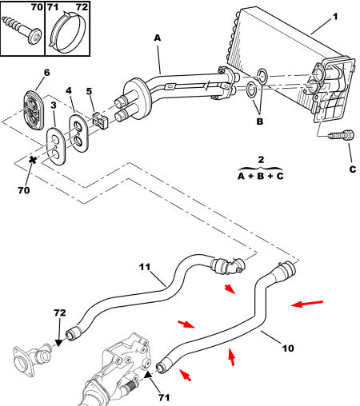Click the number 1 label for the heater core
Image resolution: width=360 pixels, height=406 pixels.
(x=335, y=17)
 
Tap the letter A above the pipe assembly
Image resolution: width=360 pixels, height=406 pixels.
(x=158, y=38)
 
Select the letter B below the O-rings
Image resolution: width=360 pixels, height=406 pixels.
(x=259, y=121)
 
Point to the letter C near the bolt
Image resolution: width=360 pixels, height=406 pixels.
(x=353, y=169)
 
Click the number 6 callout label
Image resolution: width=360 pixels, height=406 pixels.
(x=46, y=73)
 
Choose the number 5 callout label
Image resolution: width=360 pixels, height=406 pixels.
(x=89, y=91)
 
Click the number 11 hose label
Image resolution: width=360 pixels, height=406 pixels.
(x=145, y=267)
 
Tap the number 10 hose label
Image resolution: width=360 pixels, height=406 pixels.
(x=288, y=348)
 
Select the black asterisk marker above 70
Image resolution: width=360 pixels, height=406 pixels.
(x=33, y=160)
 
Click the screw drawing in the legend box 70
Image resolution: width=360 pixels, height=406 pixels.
(x=22, y=30)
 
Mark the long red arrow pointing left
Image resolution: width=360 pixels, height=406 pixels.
(x=306, y=304)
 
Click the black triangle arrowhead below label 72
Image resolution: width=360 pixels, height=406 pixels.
(x=58, y=343)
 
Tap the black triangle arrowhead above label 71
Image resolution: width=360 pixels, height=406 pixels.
(x=148, y=375)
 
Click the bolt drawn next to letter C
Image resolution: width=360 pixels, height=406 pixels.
(x=342, y=134)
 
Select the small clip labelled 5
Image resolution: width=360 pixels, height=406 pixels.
(x=99, y=120)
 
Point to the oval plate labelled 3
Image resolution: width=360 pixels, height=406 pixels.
(x=56, y=146)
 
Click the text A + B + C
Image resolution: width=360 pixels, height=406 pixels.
(x=261, y=176)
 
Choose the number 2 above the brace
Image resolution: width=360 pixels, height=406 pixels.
(x=261, y=160)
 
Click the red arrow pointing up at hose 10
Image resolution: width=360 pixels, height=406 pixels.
(x=231, y=356)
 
